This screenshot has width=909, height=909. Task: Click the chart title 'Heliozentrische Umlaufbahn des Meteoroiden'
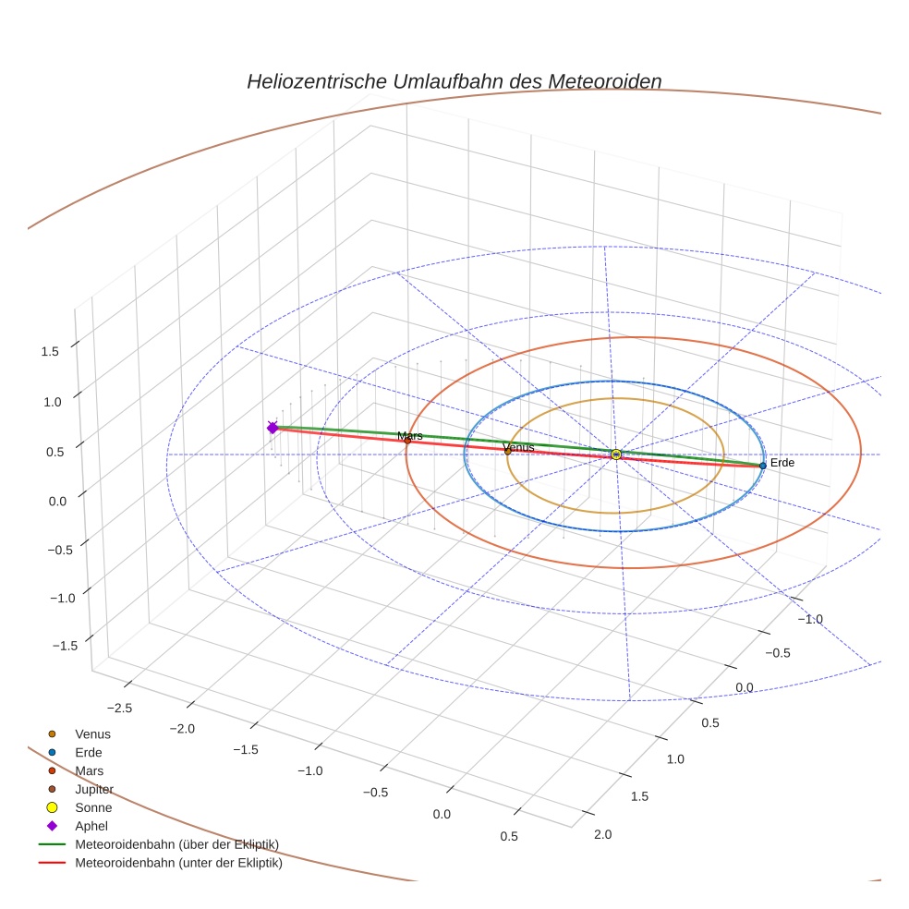(454, 81)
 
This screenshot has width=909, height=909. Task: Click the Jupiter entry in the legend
(93, 790)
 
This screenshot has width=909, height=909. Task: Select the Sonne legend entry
(93, 808)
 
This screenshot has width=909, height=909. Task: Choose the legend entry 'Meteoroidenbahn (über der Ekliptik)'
(176, 845)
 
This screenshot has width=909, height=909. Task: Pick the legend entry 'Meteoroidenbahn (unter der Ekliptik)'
(178, 864)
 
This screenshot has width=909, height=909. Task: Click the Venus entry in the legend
(92, 734)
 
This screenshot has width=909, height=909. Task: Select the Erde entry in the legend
(89, 753)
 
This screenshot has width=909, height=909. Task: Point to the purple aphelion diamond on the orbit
(273, 428)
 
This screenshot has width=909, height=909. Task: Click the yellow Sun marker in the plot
(616, 454)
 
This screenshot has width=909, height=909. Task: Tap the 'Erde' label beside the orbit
(782, 463)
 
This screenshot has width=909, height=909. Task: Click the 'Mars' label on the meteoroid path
(410, 435)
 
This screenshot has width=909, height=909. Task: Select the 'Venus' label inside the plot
(518, 447)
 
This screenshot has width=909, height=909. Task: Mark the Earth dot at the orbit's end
(762, 466)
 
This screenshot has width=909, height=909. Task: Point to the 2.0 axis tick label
(602, 835)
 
